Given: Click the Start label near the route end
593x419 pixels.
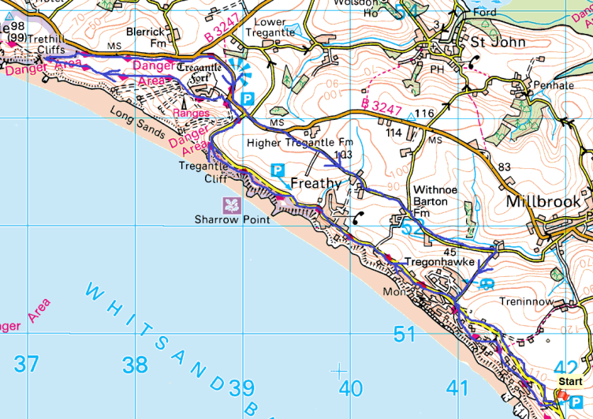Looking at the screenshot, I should pos(570,381).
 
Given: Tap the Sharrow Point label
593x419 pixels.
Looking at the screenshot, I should pos(233,219).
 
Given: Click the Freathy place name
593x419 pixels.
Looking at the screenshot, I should pos(315,183).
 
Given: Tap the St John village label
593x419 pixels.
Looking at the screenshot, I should pos(498,41).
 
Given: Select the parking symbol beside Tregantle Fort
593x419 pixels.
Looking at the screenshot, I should pos(248,99).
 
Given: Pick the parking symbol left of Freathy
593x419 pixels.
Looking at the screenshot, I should pos(278,169).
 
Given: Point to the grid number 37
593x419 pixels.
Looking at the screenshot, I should pos(26,364).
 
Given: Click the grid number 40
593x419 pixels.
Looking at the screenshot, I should pos(350,387).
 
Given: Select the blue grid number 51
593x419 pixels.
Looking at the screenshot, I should pos(404,335).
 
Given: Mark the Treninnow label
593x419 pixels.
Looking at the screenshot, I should pos(524,301).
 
